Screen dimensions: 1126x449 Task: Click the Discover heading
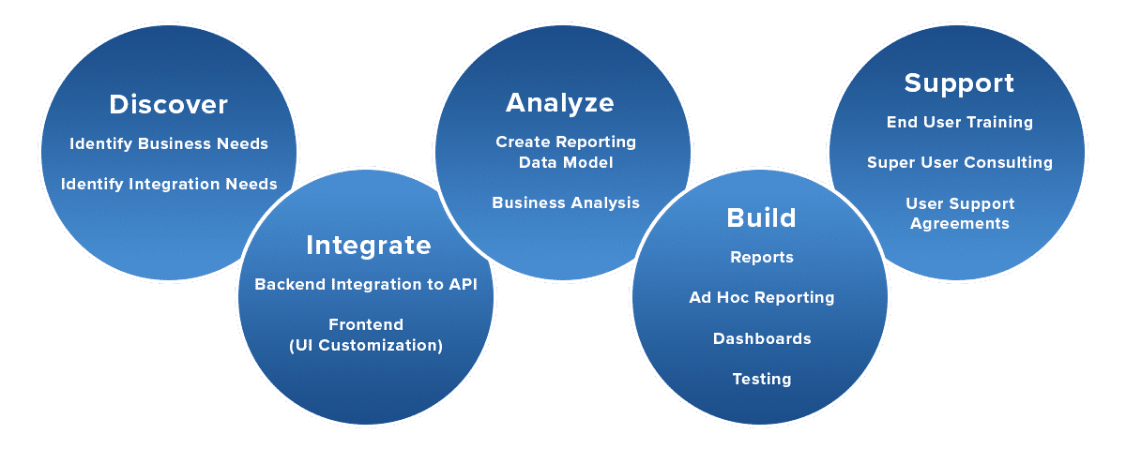pos(168,104)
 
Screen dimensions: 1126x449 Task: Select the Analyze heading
pos(560,104)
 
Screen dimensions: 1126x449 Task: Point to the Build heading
pos(761,218)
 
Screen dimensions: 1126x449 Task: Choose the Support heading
pos(959,83)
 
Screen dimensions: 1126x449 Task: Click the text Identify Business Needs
pos(169,144)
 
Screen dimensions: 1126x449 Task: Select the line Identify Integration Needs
pos(169,185)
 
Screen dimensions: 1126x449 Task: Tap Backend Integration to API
pos(366,284)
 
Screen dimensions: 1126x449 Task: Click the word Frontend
pos(366,324)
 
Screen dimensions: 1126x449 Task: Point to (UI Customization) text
pos(366,346)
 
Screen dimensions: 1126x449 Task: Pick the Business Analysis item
pos(566,202)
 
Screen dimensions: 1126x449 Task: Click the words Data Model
pos(566,163)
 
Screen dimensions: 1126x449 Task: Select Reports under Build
pos(762,258)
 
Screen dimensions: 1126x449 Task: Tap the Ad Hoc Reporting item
pos(762,298)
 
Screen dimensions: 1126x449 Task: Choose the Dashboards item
pos(762,338)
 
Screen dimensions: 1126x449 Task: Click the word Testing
pos(762,380)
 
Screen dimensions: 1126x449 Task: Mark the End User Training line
pos(960,123)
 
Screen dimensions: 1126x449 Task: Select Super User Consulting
pos(960,163)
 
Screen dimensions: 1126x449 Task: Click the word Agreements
pos(960,224)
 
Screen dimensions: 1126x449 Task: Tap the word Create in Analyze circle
pos(523,142)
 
